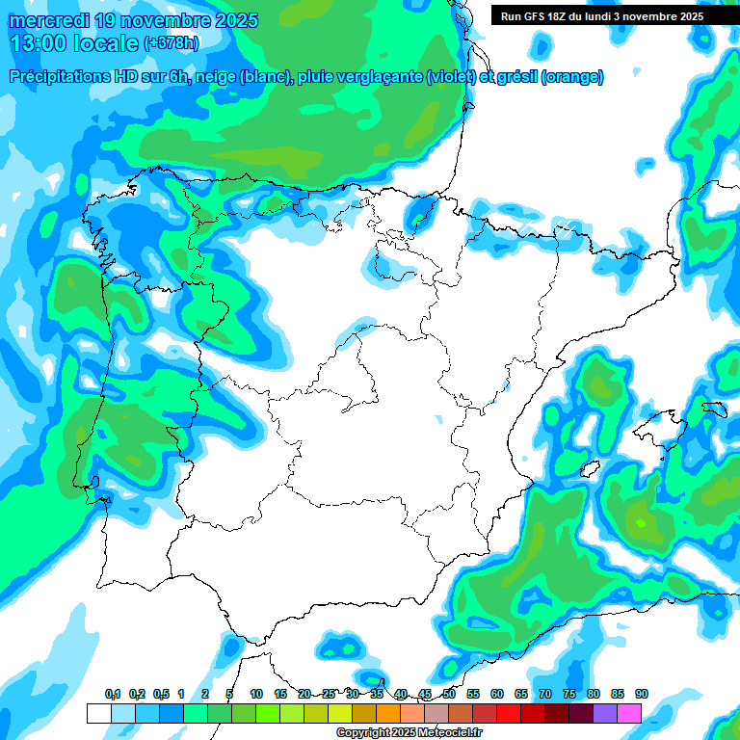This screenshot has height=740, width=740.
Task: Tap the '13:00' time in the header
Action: pos(36,43)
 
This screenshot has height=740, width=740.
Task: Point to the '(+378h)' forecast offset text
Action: pos(171,43)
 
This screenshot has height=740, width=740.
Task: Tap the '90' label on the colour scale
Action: pos(642,694)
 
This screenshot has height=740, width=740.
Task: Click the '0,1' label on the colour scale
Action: pos(112,694)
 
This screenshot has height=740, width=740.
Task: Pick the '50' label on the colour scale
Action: pos(449,694)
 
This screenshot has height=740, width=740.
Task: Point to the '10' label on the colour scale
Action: pos(256,694)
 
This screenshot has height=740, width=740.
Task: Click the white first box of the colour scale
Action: pos(98,713)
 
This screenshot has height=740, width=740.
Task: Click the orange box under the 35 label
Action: pos(387,713)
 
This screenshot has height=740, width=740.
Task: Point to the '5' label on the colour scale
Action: pos(229,694)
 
